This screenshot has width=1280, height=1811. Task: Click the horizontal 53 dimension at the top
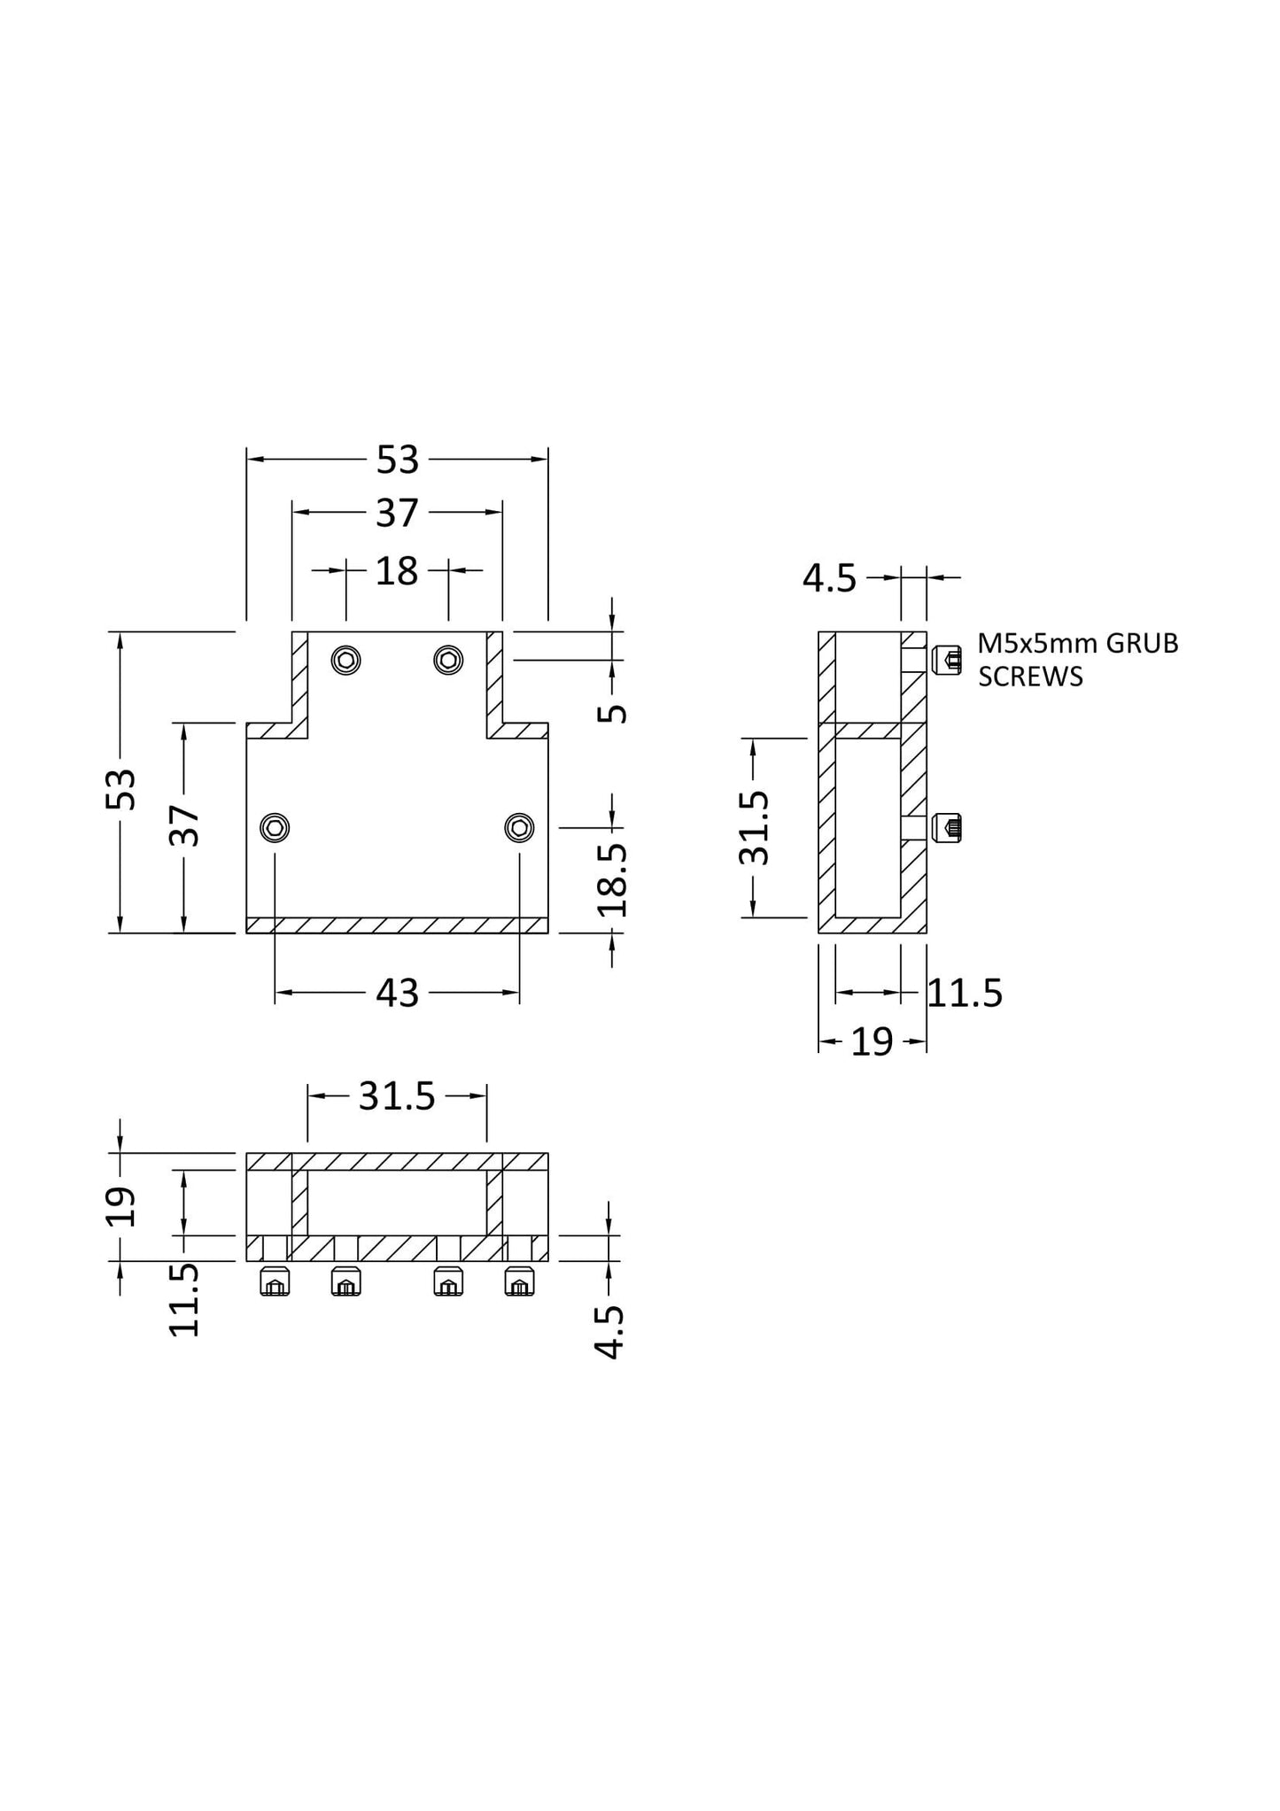click(397, 460)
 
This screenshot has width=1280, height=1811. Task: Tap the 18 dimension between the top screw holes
click(396, 572)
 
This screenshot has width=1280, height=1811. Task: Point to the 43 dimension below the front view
click(397, 994)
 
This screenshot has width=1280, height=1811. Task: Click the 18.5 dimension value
click(612, 879)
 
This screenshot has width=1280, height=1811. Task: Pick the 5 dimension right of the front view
click(612, 713)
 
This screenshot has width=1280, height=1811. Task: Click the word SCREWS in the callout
click(1030, 677)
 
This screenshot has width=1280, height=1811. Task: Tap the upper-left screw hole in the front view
click(346, 660)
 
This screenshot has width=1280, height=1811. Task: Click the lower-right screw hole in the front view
click(519, 828)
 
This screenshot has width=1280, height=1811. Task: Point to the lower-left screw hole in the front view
click(275, 828)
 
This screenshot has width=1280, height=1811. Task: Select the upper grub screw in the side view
click(947, 660)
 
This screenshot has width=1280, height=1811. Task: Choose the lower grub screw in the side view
click(947, 829)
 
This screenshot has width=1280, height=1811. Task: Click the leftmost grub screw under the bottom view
click(275, 1281)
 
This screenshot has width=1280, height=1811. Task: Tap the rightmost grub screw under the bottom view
click(520, 1281)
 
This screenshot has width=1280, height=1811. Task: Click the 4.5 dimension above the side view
click(829, 579)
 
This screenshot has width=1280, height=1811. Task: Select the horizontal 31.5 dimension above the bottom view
click(397, 1097)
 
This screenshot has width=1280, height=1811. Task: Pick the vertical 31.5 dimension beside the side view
click(754, 828)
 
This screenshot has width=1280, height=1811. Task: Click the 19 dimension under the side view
click(872, 1043)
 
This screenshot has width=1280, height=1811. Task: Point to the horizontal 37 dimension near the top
click(396, 514)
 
